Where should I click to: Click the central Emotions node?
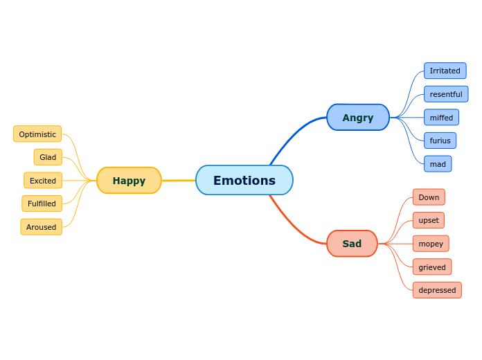pyautogui.click(x=244, y=180)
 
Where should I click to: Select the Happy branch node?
pyautogui.click(x=129, y=181)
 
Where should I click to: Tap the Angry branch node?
pyautogui.click(x=357, y=118)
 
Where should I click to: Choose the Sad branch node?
pyautogui.click(x=352, y=244)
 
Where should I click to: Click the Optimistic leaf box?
pyautogui.click(x=37, y=134)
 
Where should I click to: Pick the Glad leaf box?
pyautogui.click(x=48, y=157)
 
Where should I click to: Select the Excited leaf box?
pyautogui.click(x=43, y=181)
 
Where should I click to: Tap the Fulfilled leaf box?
pyautogui.click(x=42, y=204)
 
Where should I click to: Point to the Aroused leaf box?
pyautogui.click(x=42, y=227)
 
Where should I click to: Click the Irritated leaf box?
pyautogui.click(x=445, y=71)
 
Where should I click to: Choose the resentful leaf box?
pyautogui.click(x=446, y=94)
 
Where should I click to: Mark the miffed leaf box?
pyautogui.click(x=441, y=118)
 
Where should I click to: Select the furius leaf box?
pyautogui.click(x=440, y=141)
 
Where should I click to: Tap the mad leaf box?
pyautogui.click(x=438, y=164)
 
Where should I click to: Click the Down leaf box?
pyautogui.click(x=429, y=197)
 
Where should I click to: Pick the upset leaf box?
pyautogui.click(x=429, y=220)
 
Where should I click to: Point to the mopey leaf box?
pyautogui.click(x=431, y=244)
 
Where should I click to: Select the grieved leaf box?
pyautogui.click(x=432, y=267)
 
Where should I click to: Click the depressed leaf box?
pyautogui.click(x=437, y=290)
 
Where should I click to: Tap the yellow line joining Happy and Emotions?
pyautogui.click(x=179, y=181)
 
